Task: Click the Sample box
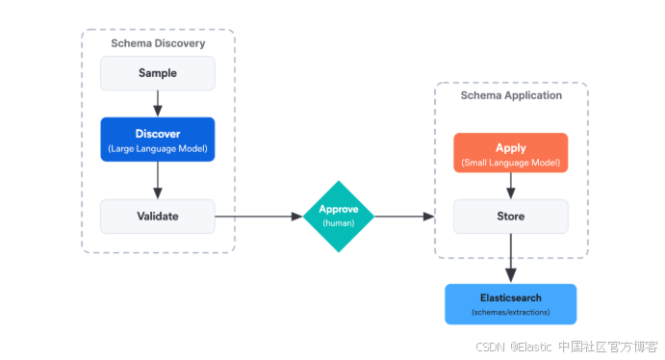[x=158, y=73]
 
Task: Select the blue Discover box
[x=158, y=140]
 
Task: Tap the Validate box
[x=158, y=217]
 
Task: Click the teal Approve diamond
[x=339, y=217]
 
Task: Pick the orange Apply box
[x=511, y=153]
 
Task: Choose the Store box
[x=511, y=217]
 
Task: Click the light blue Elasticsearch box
[x=511, y=304]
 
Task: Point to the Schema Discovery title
[x=158, y=43]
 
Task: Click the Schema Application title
[x=511, y=95]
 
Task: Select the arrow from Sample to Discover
[x=158, y=103]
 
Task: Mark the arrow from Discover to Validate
[x=158, y=180]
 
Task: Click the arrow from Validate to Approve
[x=259, y=217]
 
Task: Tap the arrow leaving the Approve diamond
[x=404, y=217]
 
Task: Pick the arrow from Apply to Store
[x=511, y=186]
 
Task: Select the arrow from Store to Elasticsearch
[x=511, y=258]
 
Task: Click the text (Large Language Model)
[x=158, y=149]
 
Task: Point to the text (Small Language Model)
[x=511, y=163]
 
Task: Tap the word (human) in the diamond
[x=339, y=223]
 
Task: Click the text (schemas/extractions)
[x=511, y=312]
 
